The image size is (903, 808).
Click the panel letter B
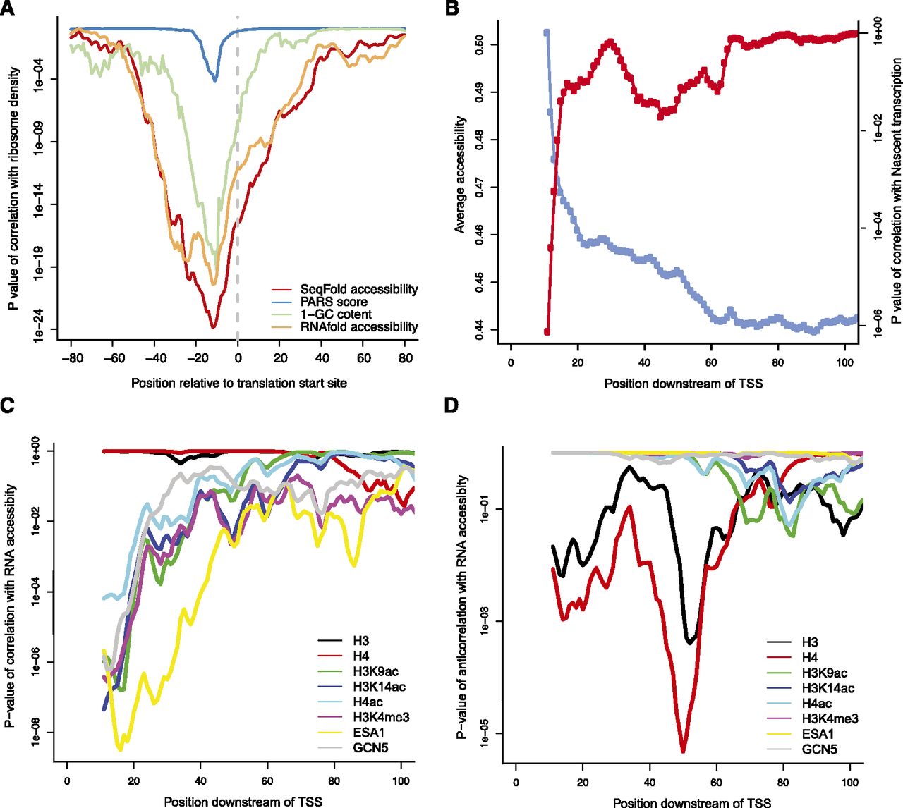point(452,8)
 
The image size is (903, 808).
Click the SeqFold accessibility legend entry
point(358,289)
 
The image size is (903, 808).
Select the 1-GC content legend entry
point(335,314)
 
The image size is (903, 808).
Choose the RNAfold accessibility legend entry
point(358,326)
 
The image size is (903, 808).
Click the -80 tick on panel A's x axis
point(72,358)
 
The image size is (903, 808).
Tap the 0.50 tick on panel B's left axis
point(482,44)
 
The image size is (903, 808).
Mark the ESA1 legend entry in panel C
point(369,733)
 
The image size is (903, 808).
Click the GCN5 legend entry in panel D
point(819,749)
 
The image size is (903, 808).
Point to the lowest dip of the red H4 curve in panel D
point(683,751)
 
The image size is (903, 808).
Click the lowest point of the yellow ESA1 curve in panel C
point(121,749)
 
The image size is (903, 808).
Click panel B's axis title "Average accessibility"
point(459,175)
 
